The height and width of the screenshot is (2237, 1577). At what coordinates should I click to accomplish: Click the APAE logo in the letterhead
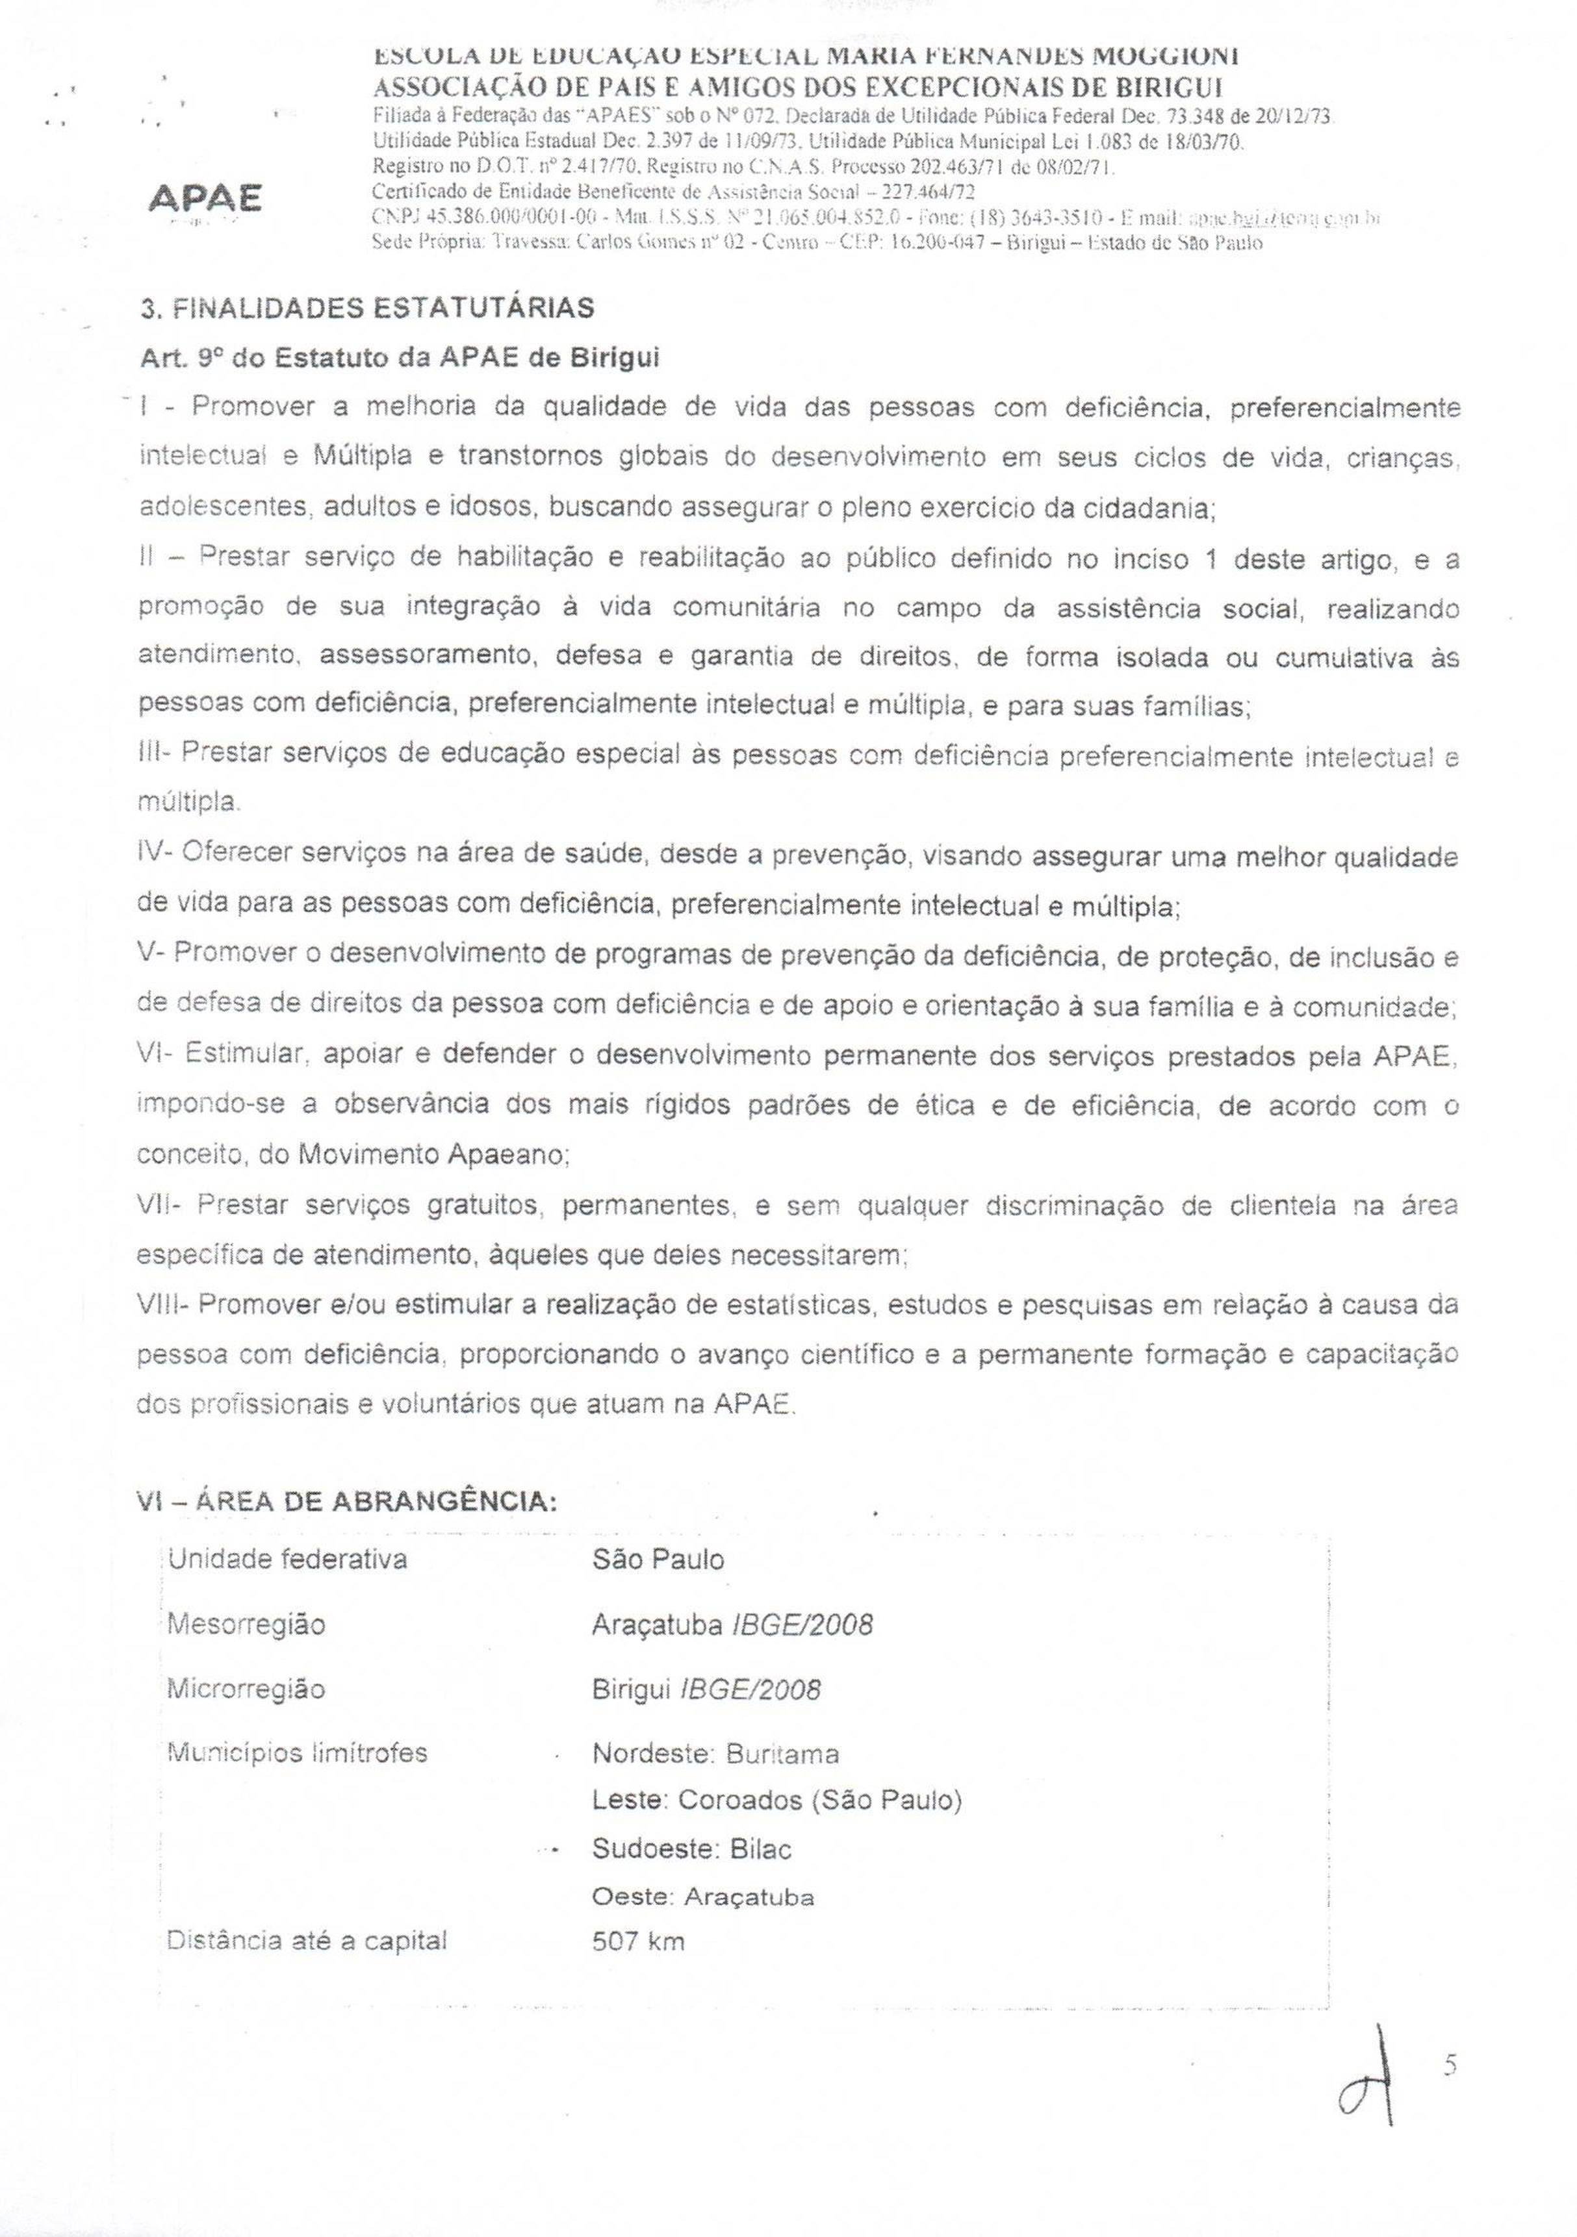point(205,200)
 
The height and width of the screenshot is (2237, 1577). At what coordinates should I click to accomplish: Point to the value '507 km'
point(638,1941)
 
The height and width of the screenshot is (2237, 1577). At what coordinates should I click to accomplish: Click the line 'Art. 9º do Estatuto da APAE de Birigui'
point(400,357)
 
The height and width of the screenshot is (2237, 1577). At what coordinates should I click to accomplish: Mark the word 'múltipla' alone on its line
point(187,804)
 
